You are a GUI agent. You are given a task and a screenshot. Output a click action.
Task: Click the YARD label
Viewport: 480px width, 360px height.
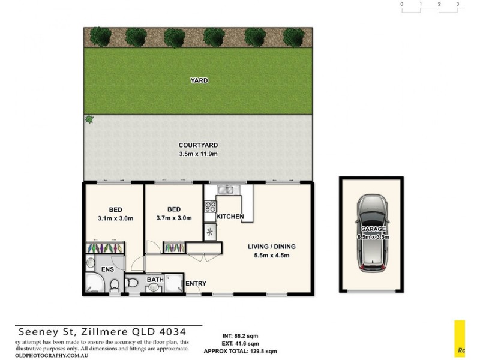tap(199, 80)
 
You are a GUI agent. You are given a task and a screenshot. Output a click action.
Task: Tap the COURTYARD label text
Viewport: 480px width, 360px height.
tap(198, 145)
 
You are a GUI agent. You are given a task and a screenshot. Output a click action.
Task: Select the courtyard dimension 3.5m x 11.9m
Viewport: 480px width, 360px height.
tap(198, 154)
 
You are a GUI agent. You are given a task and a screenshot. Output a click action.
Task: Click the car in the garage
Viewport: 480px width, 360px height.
tap(372, 233)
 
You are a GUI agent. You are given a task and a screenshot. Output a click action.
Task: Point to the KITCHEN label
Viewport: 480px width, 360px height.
tap(230, 216)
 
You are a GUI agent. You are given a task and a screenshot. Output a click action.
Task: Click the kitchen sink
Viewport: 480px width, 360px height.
tap(227, 190)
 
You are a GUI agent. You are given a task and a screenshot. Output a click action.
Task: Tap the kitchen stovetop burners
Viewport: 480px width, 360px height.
tap(211, 208)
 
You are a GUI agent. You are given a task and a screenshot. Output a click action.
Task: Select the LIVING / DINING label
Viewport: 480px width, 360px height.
tap(272, 247)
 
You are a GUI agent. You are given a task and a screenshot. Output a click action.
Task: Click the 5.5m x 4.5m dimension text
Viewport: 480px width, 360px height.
tap(272, 256)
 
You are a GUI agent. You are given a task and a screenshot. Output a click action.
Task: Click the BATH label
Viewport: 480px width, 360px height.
tap(155, 280)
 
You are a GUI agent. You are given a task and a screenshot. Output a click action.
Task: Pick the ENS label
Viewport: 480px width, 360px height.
tap(108, 270)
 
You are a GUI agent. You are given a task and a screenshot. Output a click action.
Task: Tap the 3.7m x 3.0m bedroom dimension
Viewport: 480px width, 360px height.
tap(173, 218)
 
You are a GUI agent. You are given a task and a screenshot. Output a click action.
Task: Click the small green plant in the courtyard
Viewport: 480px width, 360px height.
tap(89, 119)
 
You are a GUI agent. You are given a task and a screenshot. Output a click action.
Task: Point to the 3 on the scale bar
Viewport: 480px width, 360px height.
tap(458, 4)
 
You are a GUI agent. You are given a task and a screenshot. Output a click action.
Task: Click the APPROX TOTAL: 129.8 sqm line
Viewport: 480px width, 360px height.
tap(240, 352)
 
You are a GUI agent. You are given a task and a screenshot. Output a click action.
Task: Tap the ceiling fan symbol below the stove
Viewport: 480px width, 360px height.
tap(210, 232)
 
